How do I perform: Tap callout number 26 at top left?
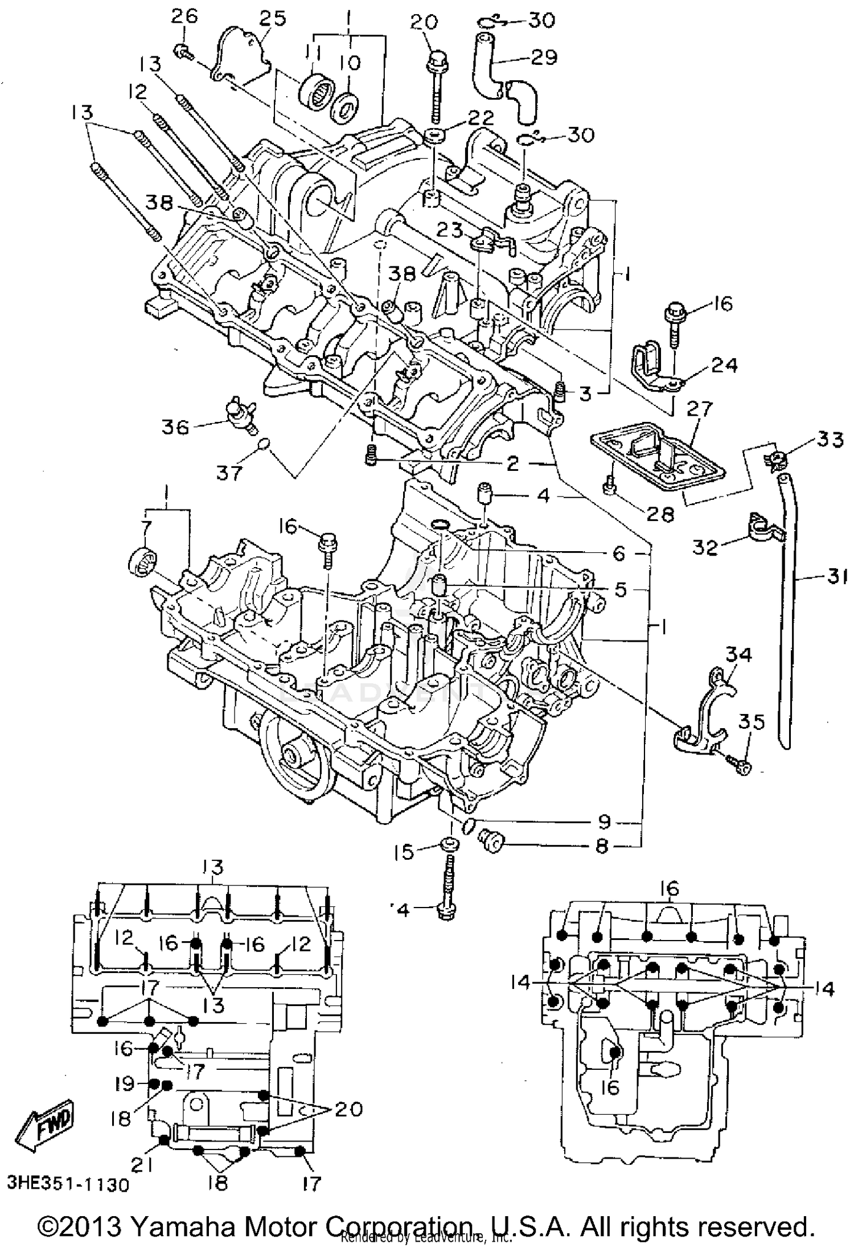point(184,16)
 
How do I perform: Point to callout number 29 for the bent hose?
point(543,58)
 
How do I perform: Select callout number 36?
point(175,426)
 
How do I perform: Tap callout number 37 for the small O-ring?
point(229,472)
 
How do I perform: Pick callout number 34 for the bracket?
point(738,655)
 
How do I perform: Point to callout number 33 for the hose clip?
point(829,440)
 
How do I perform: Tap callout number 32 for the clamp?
point(705,547)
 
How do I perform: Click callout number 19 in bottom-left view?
point(123,1083)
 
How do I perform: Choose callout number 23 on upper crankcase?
point(451,229)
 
